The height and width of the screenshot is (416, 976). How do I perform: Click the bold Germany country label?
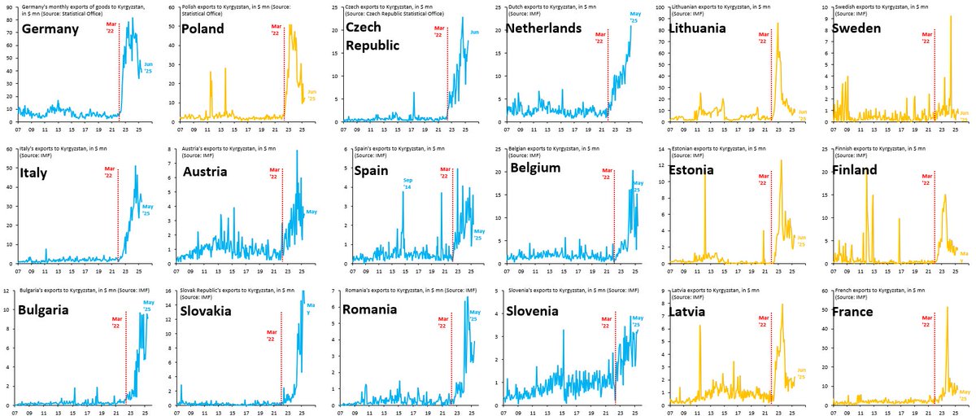pyautogui.click(x=50, y=29)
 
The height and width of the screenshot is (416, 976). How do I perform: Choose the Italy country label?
pyautogui.click(x=34, y=170)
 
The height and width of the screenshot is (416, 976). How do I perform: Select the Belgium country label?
pyautogui.click(x=538, y=169)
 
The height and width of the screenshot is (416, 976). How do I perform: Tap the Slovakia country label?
pyautogui.click(x=212, y=310)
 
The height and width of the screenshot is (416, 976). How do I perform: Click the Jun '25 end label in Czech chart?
pyautogui.click(x=475, y=32)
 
